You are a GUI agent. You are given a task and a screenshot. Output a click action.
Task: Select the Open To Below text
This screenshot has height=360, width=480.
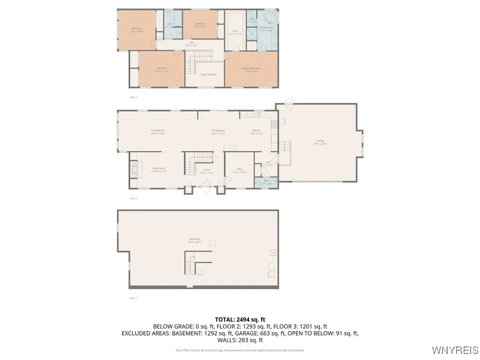208,75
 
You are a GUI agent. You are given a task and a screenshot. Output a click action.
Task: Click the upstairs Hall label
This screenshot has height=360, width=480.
191,44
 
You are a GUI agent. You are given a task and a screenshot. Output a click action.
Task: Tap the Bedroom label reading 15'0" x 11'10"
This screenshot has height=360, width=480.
162,69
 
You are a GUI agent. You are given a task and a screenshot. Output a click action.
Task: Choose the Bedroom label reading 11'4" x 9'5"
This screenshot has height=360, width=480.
200,25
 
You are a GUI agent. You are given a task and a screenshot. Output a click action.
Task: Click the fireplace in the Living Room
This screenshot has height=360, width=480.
134,169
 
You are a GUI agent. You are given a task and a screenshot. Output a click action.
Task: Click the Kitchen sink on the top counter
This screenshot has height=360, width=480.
257,114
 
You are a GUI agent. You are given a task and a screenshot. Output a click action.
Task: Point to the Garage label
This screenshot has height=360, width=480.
320,142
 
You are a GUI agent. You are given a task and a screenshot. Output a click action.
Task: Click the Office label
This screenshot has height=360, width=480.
239,170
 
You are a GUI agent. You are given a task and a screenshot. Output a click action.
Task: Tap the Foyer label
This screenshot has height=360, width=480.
206,171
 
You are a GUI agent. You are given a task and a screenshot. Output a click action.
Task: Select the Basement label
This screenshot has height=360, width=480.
195,240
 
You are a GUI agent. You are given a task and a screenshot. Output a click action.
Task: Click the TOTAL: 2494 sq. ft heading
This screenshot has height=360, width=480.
240,319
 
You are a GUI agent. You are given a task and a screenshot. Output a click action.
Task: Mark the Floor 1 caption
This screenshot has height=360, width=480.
134,298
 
